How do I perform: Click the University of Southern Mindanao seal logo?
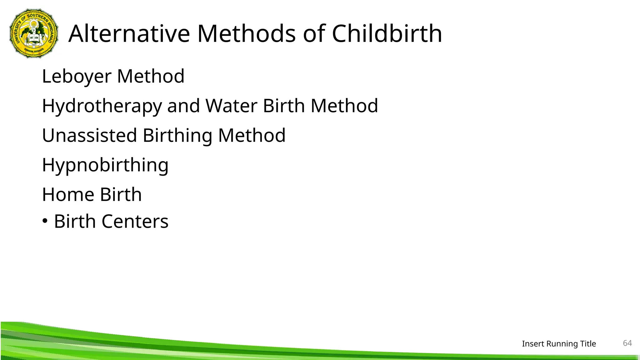tap(34, 33)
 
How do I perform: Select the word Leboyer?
tap(77, 76)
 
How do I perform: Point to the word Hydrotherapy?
tap(102, 106)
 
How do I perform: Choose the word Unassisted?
tap(89, 135)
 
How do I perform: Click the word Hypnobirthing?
tap(105, 165)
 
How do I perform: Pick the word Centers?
tap(135, 222)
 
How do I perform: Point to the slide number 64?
tap(627, 343)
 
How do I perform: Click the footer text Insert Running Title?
tap(559, 344)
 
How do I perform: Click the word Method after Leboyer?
tap(151, 76)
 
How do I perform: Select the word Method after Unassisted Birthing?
tap(252, 135)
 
